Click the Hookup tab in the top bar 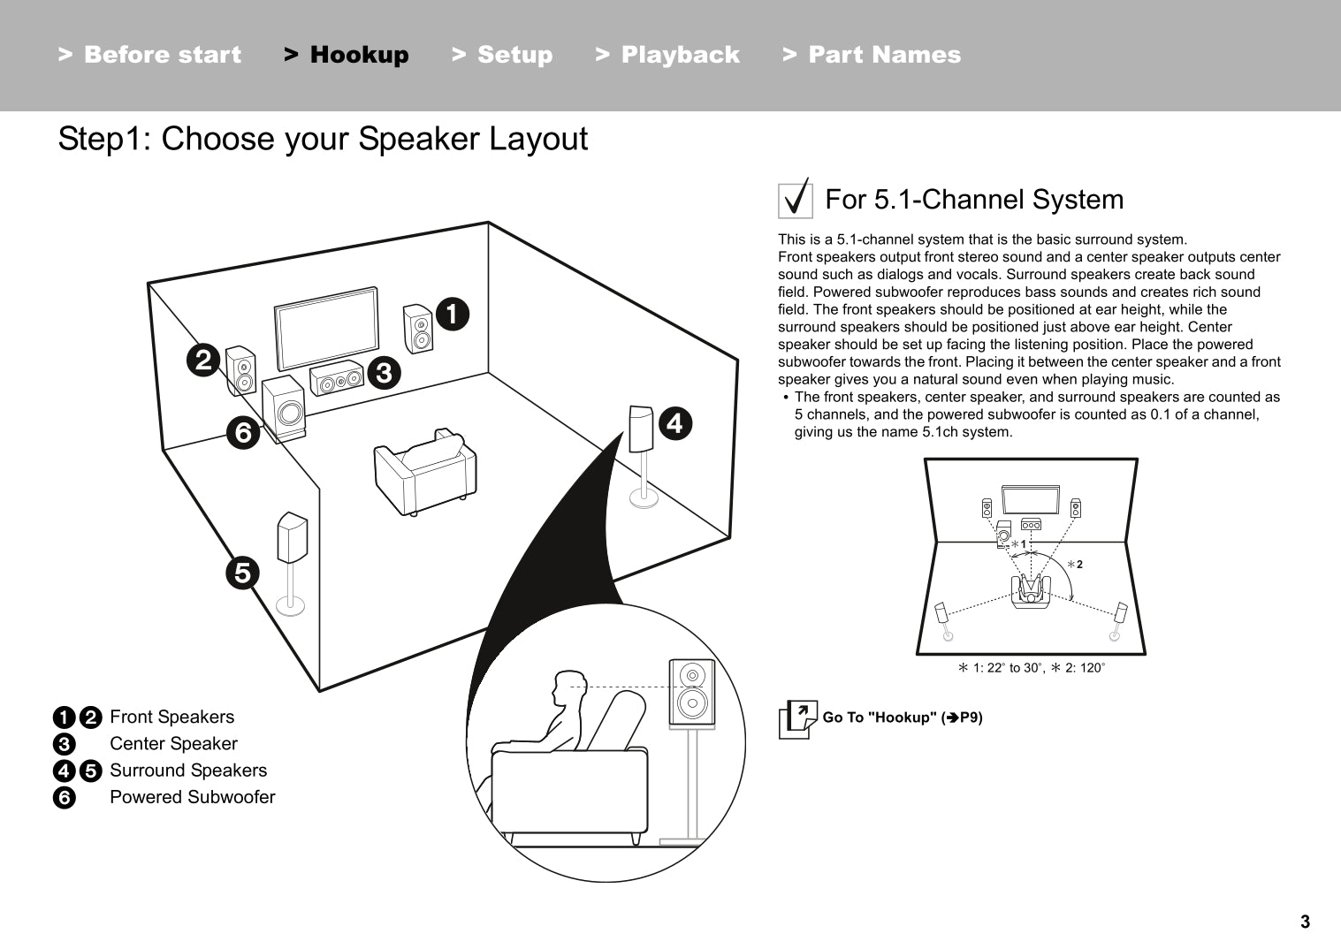click(347, 55)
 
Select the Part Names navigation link click(872, 55)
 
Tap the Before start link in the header click(149, 55)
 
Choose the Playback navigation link click(668, 55)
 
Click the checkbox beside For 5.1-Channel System click(796, 199)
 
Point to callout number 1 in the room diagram click(452, 314)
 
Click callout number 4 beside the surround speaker click(674, 423)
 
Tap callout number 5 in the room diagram click(242, 573)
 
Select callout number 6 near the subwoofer click(243, 432)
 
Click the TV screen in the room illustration click(326, 329)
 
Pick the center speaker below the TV click(337, 381)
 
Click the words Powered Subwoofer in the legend click(192, 797)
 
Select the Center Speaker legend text click(173, 744)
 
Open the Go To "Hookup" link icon click(797, 718)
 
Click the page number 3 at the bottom click(1305, 922)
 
